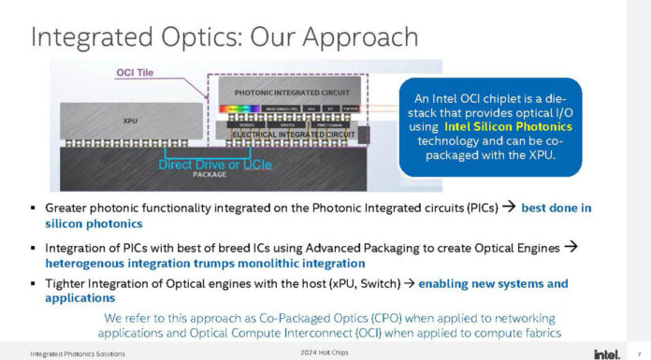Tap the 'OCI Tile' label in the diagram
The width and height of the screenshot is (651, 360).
pos(137,71)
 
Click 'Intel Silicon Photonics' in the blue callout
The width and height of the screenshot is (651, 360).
pos(493,126)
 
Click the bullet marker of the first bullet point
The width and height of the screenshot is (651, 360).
pos(34,208)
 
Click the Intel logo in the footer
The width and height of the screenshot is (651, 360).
pos(605,353)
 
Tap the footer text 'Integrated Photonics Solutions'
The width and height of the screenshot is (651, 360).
pos(77,353)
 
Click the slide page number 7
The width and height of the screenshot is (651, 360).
pos(641,353)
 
